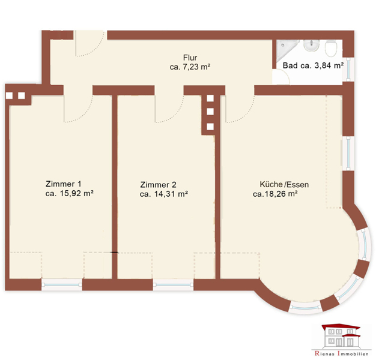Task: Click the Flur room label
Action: pos(190,58)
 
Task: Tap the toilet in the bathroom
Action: pos(331,48)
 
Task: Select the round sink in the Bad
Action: pos(311,46)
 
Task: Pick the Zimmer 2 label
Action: pos(158,185)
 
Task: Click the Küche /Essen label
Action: pos(284,184)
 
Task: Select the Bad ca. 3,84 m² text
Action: pos(313,65)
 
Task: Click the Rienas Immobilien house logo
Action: pos(341,337)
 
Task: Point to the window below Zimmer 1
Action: pos(62,285)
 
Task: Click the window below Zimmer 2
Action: pos(173,285)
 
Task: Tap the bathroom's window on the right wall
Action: pos(348,70)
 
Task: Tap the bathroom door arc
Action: pos(285,75)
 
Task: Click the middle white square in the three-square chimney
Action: pos(210,112)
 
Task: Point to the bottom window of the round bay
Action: pos(305,308)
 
